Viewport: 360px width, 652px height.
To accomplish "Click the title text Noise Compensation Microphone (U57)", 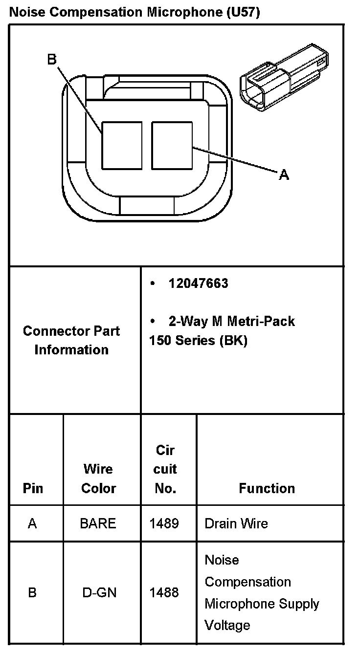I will [135, 12].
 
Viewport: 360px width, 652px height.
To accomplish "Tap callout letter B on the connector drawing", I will [52, 60].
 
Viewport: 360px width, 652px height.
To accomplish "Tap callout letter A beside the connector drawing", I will [284, 174].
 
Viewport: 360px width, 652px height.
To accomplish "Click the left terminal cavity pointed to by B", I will [122, 145].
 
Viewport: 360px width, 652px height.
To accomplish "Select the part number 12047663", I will [198, 284].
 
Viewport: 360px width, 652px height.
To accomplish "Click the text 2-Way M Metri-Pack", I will [231, 321].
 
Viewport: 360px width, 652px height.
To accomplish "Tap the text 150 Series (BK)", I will [198, 340].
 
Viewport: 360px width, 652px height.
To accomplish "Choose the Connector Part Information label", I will [71, 340].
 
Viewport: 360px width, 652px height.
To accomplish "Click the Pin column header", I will [33, 488].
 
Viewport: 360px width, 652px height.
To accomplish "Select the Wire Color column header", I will [98, 478].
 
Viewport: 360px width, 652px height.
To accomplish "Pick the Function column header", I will [267, 488].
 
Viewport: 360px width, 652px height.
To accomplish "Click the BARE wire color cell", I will [98, 523].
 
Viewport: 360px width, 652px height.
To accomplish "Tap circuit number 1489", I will [164, 523].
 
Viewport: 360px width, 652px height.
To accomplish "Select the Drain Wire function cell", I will [236, 523].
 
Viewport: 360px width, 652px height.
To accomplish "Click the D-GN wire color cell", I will [98, 592].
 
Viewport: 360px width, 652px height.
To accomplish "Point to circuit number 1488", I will [164, 592].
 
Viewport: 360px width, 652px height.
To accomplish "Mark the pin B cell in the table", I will [32, 592].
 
